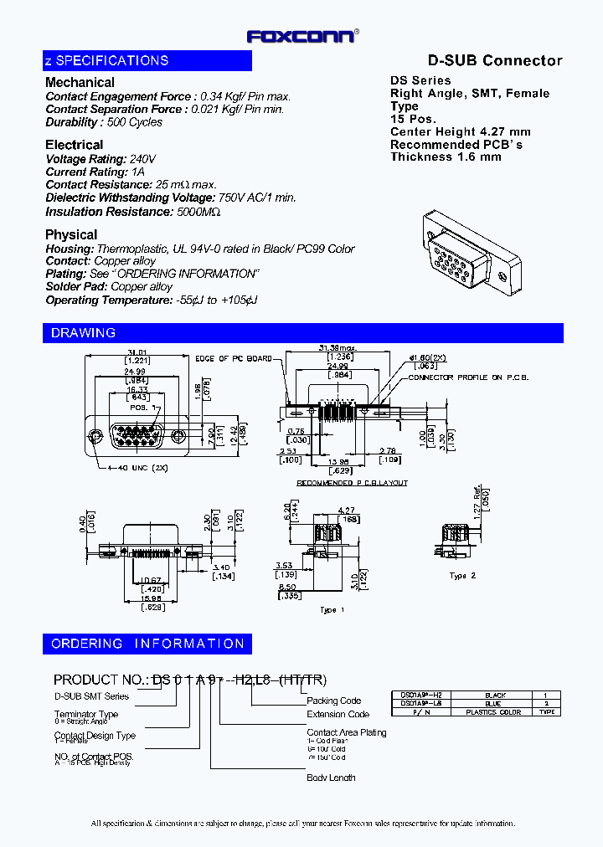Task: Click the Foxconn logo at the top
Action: (x=301, y=36)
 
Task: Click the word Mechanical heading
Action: (x=80, y=82)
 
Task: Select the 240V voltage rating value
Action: (x=143, y=159)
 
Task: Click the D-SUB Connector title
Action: (x=495, y=60)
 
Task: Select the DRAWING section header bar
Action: (x=302, y=333)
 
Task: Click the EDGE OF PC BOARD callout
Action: (x=234, y=359)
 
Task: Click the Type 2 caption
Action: (x=461, y=577)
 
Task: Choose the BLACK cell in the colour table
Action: (x=493, y=696)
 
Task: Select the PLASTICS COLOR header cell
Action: (x=493, y=712)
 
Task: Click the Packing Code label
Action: (x=333, y=701)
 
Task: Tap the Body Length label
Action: (x=331, y=778)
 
